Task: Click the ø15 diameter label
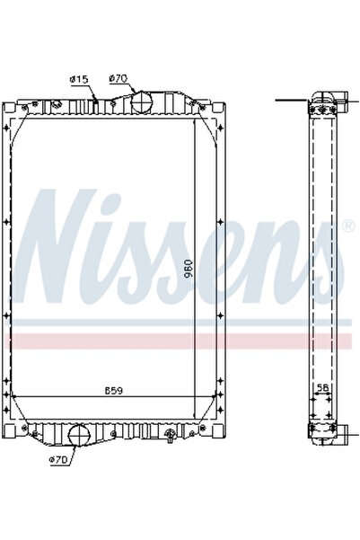pos(79,80)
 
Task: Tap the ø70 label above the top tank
pos(118,79)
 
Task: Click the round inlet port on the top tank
pos(141,102)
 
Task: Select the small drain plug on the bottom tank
pos(170,438)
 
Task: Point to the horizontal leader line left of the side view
pos(292,100)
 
